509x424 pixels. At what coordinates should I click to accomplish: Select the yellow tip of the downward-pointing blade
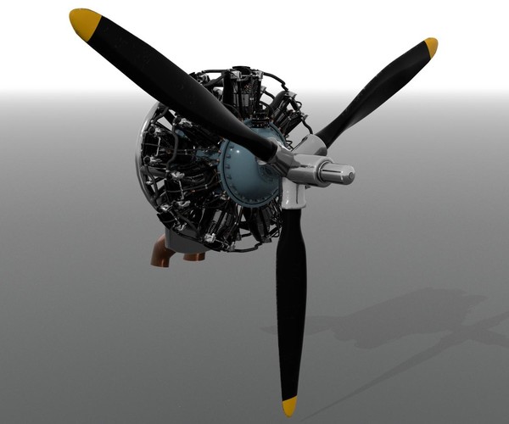(290, 405)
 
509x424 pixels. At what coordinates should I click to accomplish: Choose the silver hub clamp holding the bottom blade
(292, 194)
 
